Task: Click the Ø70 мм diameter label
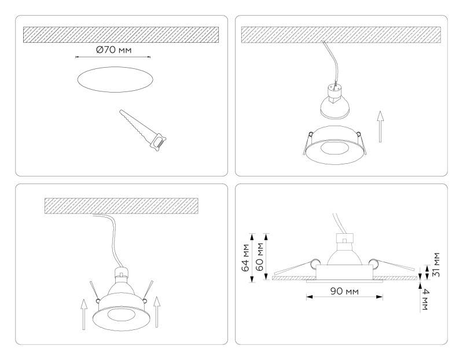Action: tap(114, 50)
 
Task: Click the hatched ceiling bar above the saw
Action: tap(120, 34)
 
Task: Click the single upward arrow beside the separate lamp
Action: tap(380, 127)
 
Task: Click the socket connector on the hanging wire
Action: tap(335, 89)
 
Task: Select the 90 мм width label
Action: tap(344, 289)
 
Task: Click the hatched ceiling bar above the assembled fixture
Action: tap(122, 205)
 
